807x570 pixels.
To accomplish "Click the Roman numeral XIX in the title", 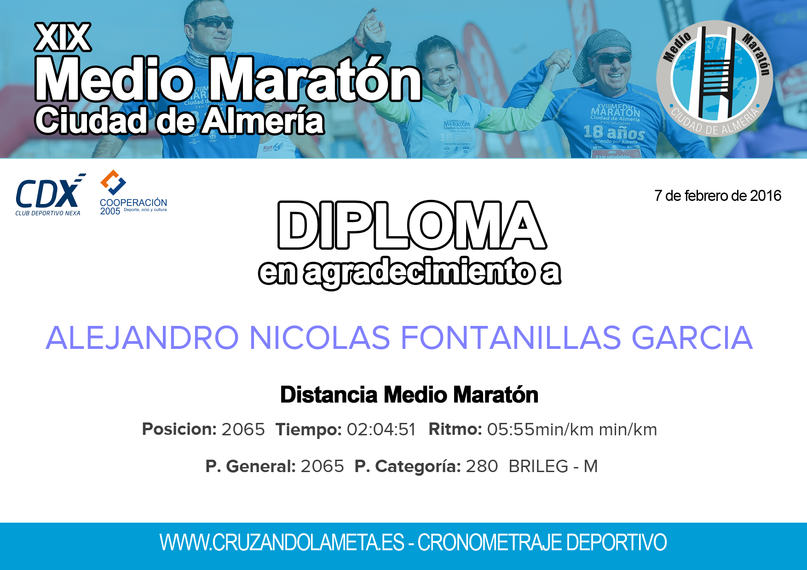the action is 63,37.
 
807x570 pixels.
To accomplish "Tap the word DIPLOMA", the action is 412,225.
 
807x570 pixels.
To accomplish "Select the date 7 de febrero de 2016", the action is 718,196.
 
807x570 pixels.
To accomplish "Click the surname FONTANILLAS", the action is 511,338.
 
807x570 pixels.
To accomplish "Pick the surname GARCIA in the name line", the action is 692,338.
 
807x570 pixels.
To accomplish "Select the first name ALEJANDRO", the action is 142,338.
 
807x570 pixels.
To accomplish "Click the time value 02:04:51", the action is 381,429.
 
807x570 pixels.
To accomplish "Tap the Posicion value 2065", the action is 243,429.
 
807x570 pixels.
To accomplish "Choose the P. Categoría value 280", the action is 482,466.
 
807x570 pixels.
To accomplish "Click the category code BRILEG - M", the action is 553,466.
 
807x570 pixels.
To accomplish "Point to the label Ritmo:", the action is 455,429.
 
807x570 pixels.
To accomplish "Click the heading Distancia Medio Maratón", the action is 409,395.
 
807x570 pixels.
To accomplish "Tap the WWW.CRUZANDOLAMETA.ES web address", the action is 282,542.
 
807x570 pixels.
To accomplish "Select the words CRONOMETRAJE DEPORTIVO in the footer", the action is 542,542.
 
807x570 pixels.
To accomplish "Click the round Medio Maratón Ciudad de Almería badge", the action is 715,79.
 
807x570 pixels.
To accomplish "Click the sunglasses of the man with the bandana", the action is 611,58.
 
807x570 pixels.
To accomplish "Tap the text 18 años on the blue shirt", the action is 614,132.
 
